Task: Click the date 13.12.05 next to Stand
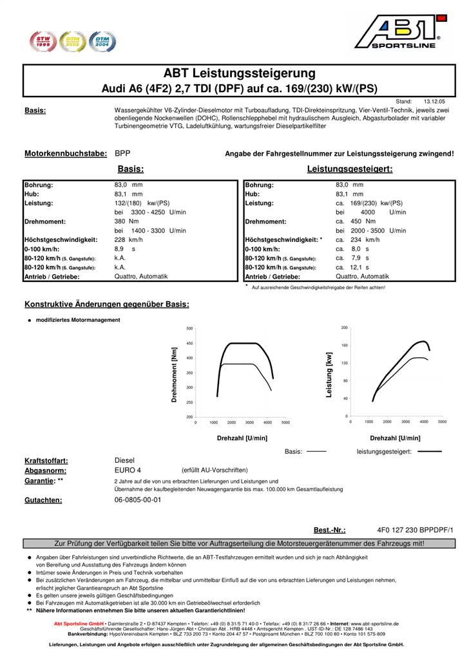(x=438, y=102)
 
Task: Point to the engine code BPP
(x=122, y=154)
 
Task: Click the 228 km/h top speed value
(x=128, y=239)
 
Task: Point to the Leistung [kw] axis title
(x=329, y=374)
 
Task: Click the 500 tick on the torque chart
(x=189, y=328)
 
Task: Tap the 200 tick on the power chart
(x=345, y=328)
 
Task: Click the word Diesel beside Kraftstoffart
(x=124, y=461)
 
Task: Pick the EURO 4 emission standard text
(x=128, y=471)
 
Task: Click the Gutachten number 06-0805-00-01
(x=138, y=500)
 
